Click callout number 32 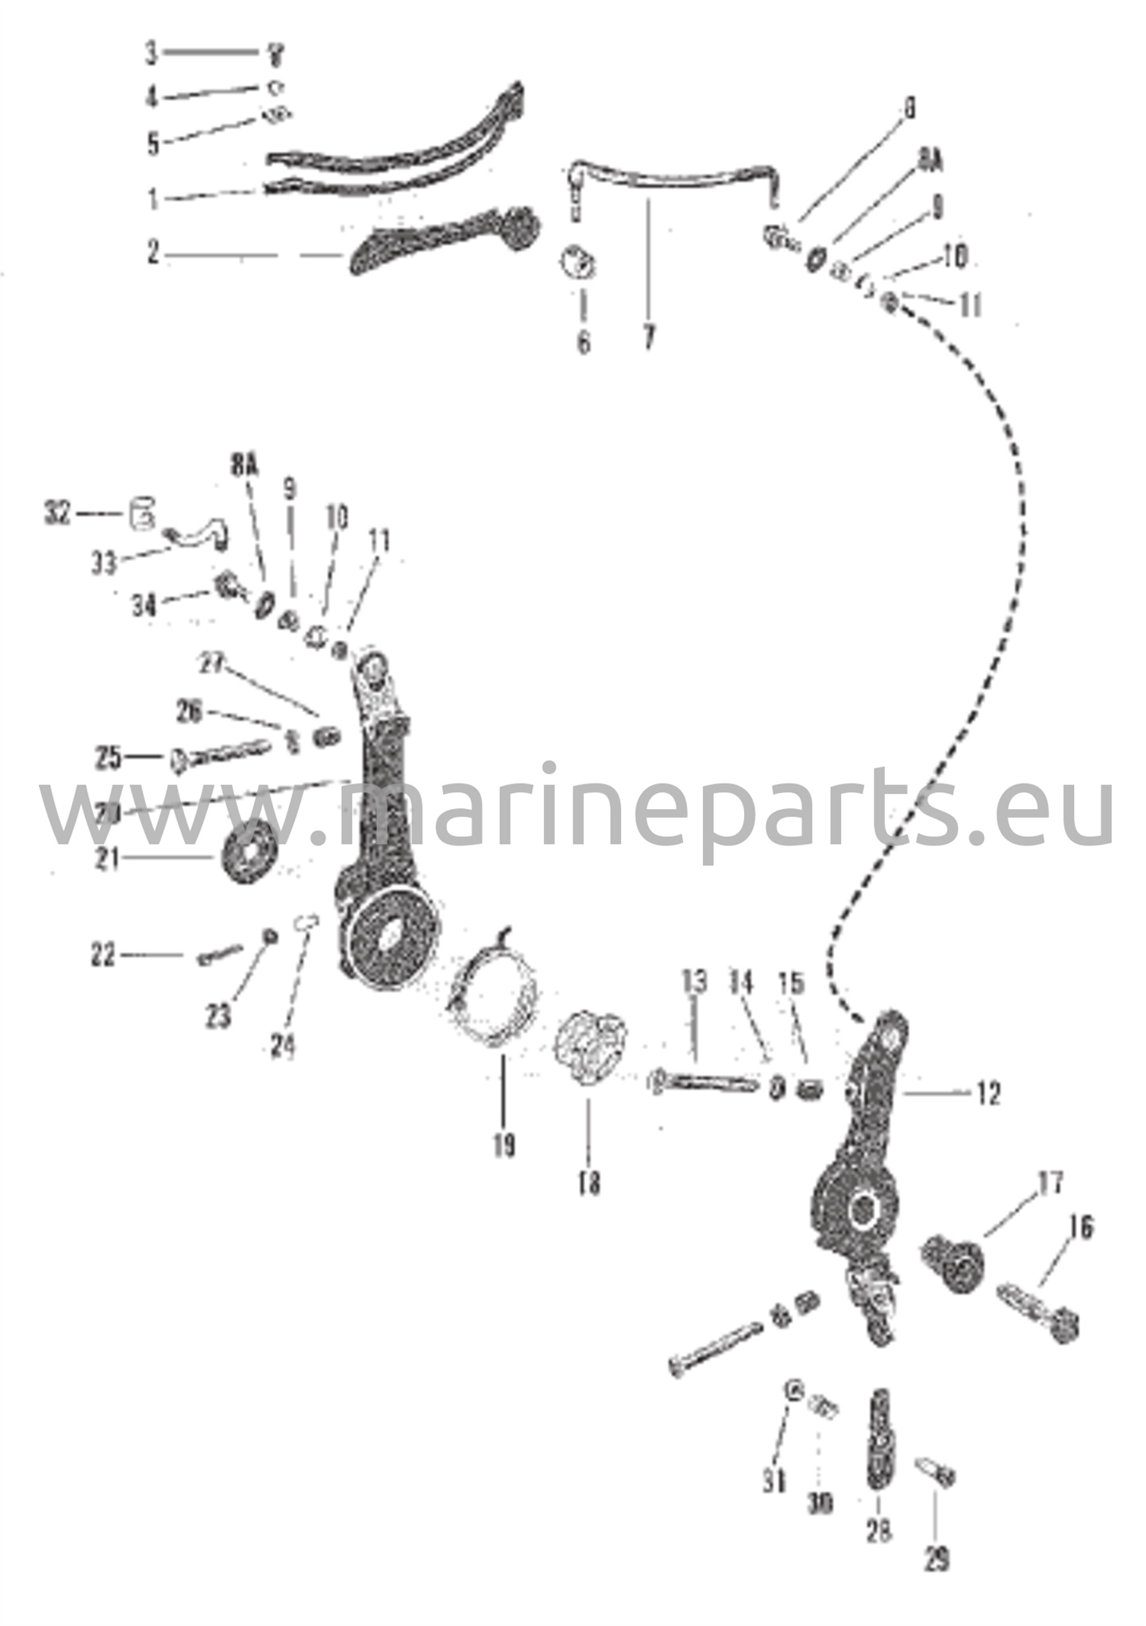[x=58, y=514]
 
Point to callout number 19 [x=504, y=1145]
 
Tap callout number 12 [x=987, y=1094]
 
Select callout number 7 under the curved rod [x=649, y=338]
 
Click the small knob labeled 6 [x=580, y=261]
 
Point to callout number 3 [x=151, y=54]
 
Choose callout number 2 [x=153, y=253]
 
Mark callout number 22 [x=102, y=955]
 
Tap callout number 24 [x=282, y=1046]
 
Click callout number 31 [x=774, y=1481]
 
